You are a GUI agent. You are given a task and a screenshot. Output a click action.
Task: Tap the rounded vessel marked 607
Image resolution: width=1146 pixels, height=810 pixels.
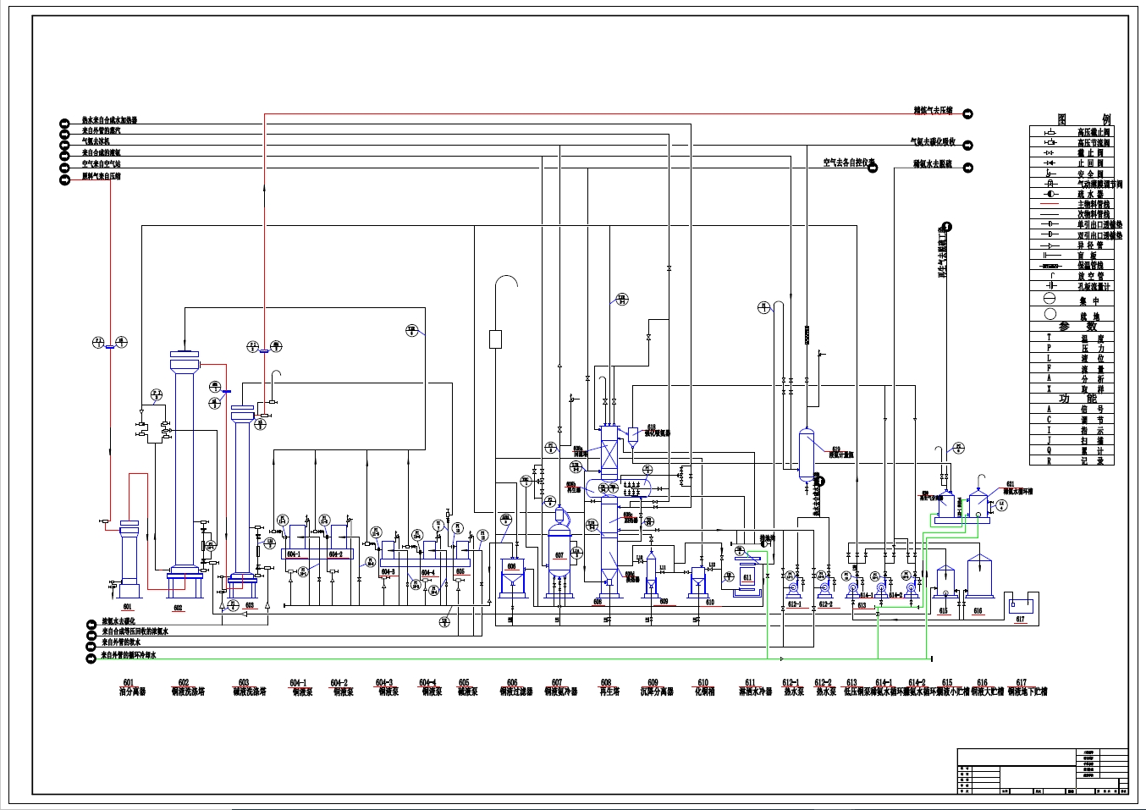tap(559, 554)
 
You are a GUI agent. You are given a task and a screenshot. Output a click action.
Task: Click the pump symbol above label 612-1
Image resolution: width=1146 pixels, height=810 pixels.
tap(794, 586)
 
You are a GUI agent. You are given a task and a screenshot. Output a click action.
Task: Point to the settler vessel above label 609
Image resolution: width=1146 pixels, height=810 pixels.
tap(651, 576)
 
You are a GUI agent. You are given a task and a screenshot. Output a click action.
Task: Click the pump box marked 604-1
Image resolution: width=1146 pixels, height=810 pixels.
tap(295, 554)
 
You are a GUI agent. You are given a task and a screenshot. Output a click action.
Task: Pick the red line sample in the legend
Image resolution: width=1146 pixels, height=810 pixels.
tap(1050, 204)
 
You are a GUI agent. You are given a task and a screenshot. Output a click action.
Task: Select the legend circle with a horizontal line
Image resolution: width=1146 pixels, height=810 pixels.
tap(1050, 299)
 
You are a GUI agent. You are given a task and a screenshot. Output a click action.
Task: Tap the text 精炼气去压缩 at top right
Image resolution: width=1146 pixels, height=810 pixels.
tap(933, 111)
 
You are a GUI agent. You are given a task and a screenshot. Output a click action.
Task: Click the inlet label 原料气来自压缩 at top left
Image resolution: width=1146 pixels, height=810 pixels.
tap(102, 177)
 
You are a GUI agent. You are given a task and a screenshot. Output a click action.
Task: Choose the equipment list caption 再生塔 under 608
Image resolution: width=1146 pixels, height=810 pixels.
tap(606, 692)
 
